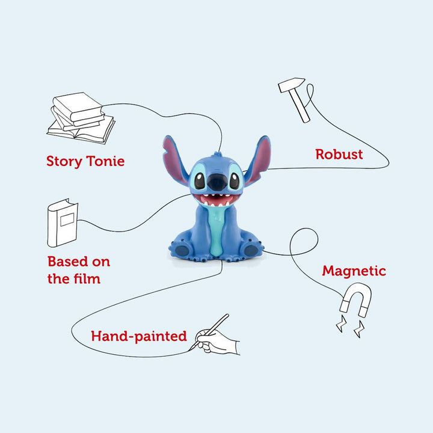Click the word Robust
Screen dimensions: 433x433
[x=339, y=154]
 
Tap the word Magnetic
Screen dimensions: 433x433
[x=354, y=271]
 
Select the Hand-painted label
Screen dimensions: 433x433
[x=139, y=336]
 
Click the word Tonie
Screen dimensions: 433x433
[x=105, y=161]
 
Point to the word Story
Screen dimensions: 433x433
[x=64, y=162]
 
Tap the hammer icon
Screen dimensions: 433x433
[x=294, y=100]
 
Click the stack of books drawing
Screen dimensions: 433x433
[x=81, y=118]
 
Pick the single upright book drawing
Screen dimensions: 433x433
[x=63, y=223]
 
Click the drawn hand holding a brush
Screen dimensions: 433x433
[x=215, y=337]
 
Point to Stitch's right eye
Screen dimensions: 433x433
[x=235, y=180]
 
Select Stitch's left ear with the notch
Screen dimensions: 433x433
[x=174, y=159]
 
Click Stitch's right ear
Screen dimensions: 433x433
[x=258, y=159]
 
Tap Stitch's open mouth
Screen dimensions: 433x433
[x=216, y=200]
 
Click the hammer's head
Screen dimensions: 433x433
[x=291, y=84]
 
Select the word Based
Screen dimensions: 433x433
[x=68, y=261]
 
